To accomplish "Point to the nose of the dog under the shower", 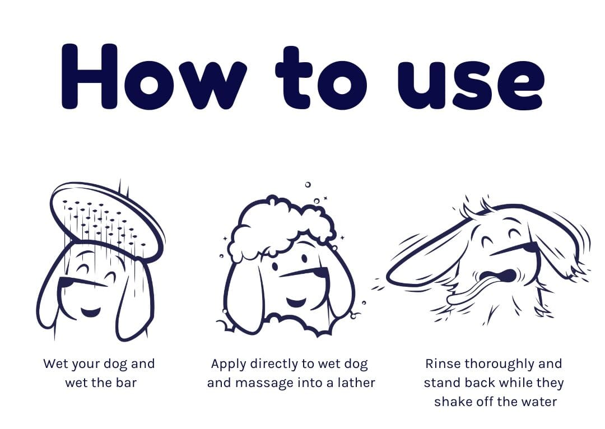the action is [x=64, y=283].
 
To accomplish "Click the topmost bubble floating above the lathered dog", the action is [x=308, y=185].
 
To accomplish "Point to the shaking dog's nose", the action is [x=530, y=248].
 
